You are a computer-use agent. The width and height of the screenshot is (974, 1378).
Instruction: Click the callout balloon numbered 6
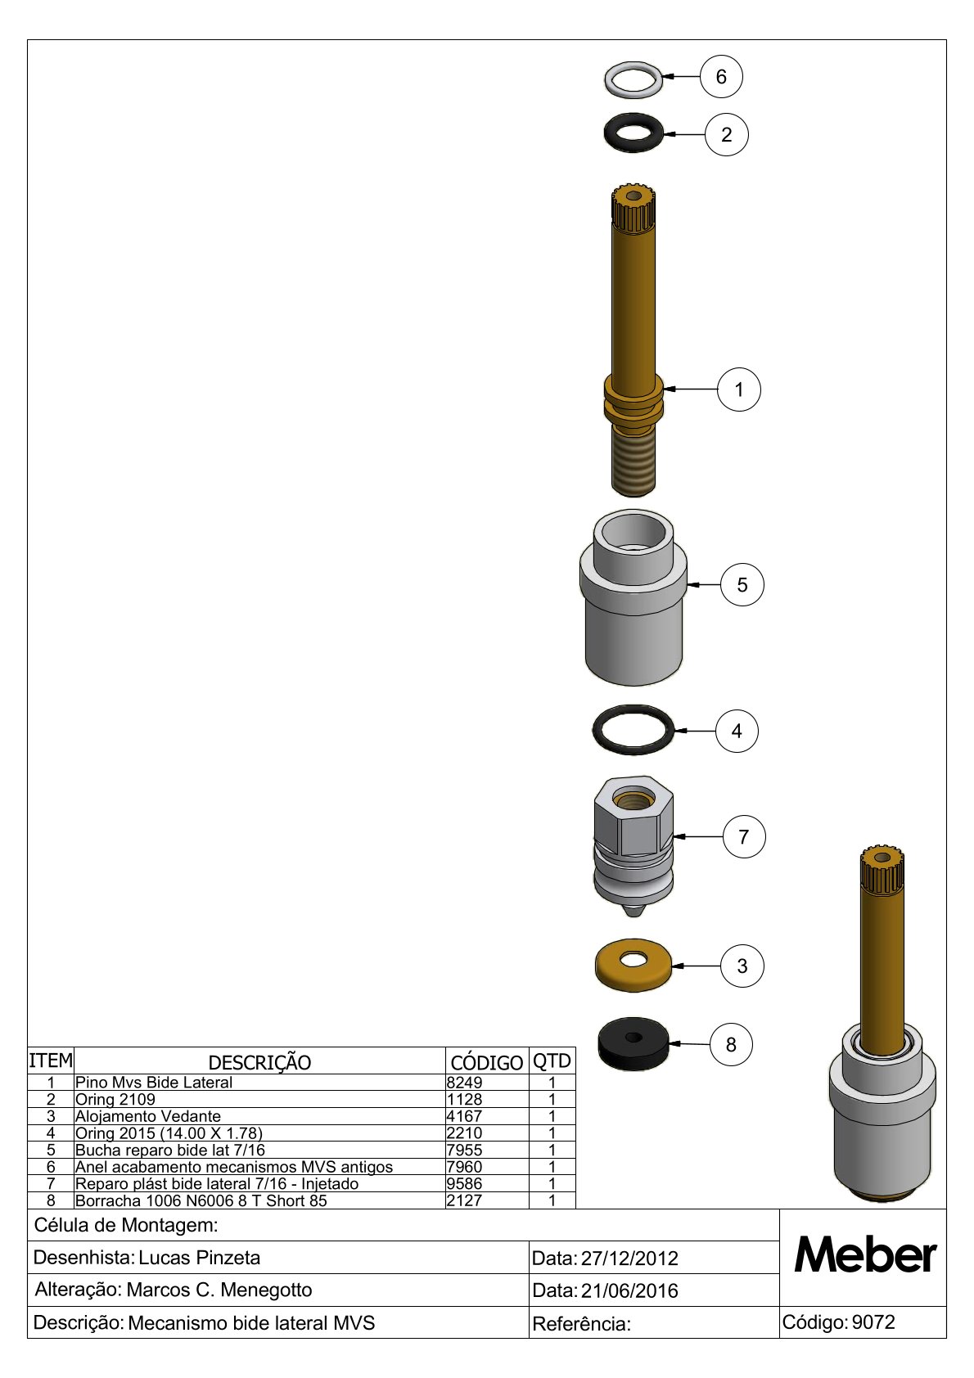721,76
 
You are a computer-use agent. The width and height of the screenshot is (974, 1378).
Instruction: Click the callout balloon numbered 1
739,390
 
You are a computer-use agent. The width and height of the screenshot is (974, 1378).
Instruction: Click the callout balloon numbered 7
744,836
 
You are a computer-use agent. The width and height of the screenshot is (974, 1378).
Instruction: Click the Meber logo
865,1254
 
